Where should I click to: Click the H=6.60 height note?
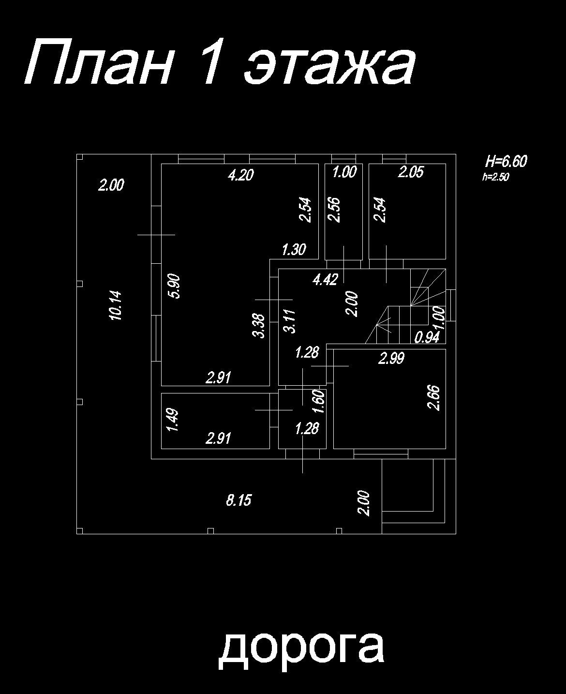coord(506,161)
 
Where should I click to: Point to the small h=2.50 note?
coord(495,177)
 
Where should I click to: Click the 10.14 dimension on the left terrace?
coord(117,305)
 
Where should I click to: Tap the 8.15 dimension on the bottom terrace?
coord(238,500)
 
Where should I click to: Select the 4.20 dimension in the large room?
coord(240,175)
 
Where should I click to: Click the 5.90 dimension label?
coord(174,286)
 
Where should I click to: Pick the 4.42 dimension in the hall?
coord(325,280)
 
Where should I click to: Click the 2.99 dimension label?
coord(391,359)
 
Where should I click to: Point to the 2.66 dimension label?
coord(434,397)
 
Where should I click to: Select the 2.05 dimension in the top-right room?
coord(411,172)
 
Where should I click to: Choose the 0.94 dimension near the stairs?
coord(427,337)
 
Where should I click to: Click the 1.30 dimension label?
coord(294,250)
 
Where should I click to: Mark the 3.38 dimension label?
coord(260,326)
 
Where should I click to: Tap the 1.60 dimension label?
coord(319,402)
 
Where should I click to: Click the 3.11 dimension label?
coord(289,321)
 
